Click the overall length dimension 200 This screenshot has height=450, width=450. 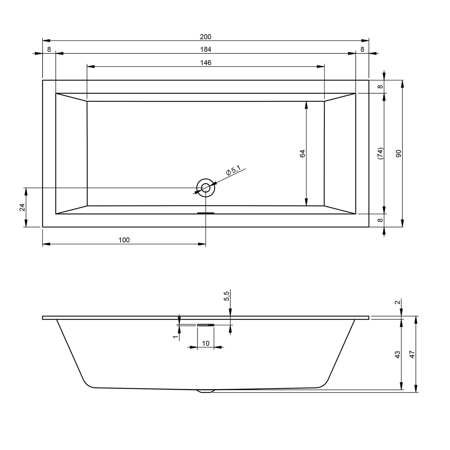[205, 37]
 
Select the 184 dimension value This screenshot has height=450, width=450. [205, 49]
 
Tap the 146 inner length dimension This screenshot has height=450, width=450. [205, 63]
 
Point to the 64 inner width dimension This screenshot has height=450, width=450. [302, 153]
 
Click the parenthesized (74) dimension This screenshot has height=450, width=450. [380, 153]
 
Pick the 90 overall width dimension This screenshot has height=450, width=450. [398, 154]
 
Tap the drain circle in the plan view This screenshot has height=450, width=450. [206, 188]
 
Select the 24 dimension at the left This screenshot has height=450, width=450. [22, 207]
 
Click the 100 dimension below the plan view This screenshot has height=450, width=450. [124, 240]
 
